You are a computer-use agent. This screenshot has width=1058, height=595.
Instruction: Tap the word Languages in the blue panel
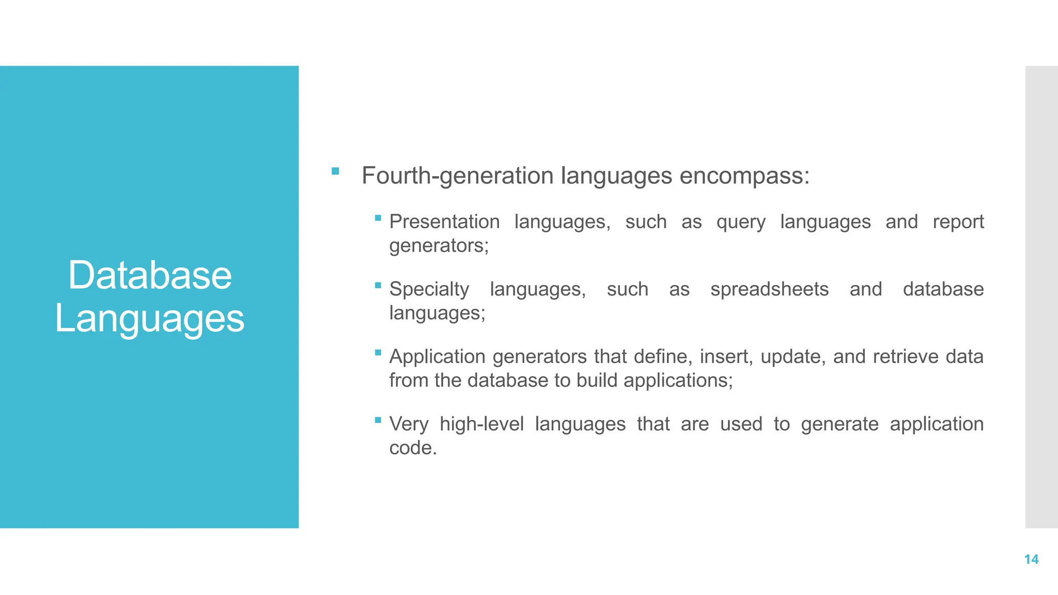point(150,319)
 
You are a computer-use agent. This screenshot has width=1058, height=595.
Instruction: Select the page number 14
point(1031,559)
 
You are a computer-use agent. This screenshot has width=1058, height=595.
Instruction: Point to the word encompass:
point(744,176)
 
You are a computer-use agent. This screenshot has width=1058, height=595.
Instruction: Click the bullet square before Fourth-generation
point(335,171)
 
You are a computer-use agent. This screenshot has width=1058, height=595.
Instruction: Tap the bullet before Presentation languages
point(378,218)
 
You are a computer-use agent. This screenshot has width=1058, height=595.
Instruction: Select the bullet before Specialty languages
point(378,285)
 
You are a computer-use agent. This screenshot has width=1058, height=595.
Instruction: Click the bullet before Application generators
point(378,353)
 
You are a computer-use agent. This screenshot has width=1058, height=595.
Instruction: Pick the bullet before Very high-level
point(378,420)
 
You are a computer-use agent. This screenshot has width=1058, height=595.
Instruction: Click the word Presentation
point(444,222)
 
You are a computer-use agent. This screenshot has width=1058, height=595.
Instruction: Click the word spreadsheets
point(769,289)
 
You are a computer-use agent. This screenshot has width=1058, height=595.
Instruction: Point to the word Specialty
point(429,289)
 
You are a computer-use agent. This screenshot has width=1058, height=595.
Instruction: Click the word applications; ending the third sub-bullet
point(678,381)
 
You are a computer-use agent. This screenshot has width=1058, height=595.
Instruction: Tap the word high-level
point(481,424)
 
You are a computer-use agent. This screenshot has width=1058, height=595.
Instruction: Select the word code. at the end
point(413,448)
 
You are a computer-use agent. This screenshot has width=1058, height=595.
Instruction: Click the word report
point(958,222)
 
